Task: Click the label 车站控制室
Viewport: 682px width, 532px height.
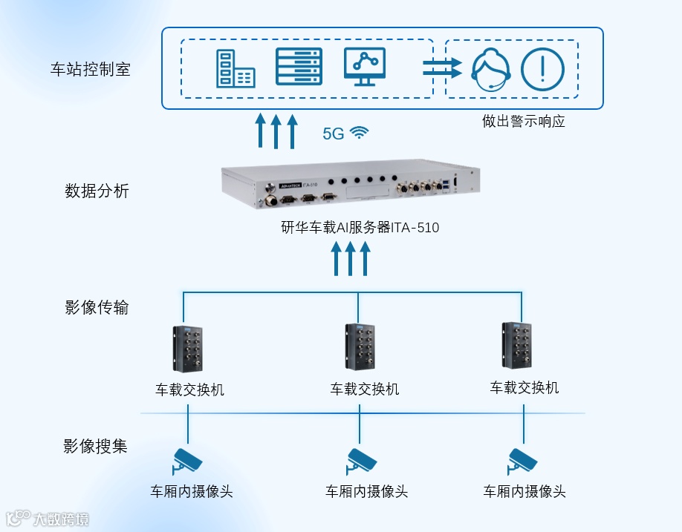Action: pos(90,70)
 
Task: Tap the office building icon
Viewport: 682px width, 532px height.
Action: pos(235,69)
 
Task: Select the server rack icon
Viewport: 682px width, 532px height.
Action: pos(299,68)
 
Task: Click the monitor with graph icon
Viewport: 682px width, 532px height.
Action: pos(365,68)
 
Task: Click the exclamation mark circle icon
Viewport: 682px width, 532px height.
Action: pos(543,69)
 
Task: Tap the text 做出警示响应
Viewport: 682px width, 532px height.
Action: pos(523,121)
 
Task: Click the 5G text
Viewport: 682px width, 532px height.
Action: pos(334,134)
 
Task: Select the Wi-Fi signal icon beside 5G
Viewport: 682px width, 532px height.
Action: pos(360,133)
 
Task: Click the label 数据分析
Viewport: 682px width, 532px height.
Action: pos(97,191)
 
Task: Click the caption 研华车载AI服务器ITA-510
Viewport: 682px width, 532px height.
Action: pos(360,228)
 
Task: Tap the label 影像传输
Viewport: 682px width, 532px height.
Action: pos(97,307)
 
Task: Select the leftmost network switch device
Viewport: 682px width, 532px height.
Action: pos(188,349)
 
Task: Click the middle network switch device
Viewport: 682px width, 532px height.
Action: pos(359,347)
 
